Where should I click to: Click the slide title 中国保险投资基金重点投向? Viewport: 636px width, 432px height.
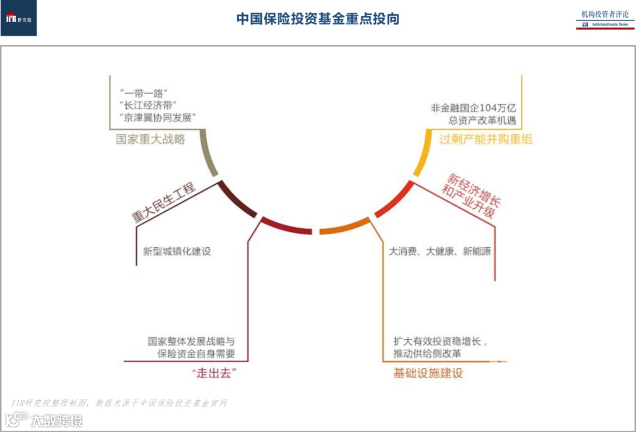(x=318, y=19)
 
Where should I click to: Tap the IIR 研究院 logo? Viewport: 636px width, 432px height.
(x=19, y=18)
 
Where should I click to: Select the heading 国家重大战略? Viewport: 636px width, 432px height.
(x=151, y=139)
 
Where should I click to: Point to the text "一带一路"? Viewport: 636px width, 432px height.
(x=144, y=93)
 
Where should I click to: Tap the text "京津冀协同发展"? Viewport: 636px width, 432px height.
(x=157, y=118)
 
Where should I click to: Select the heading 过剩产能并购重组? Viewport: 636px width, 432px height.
(x=486, y=139)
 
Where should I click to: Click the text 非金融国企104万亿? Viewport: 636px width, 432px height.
(x=473, y=108)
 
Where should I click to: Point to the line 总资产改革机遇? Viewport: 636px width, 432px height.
(x=481, y=121)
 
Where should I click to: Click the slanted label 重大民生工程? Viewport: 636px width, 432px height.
(x=163, y=203)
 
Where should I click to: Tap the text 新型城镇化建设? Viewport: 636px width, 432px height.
(x=177, y=251)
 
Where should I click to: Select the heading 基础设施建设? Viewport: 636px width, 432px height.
(x=428, y=373)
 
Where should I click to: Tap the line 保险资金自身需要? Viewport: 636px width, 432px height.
(x=196, y=354)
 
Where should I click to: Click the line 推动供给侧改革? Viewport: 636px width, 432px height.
(x=428, y=354)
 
